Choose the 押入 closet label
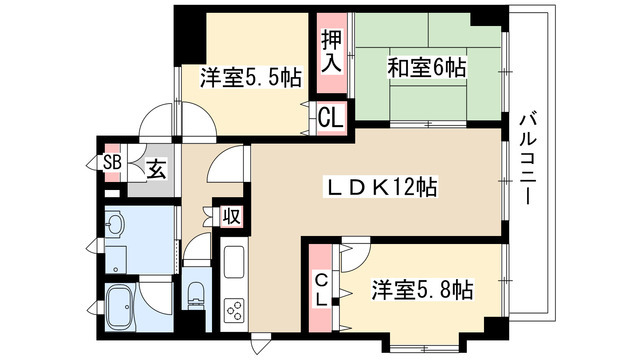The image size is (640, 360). [x=331, y=50]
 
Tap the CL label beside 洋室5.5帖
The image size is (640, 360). [x=331, y=116]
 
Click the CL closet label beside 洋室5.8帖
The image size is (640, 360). [x=322, y=290]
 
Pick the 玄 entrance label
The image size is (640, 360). [x=157, y=169]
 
